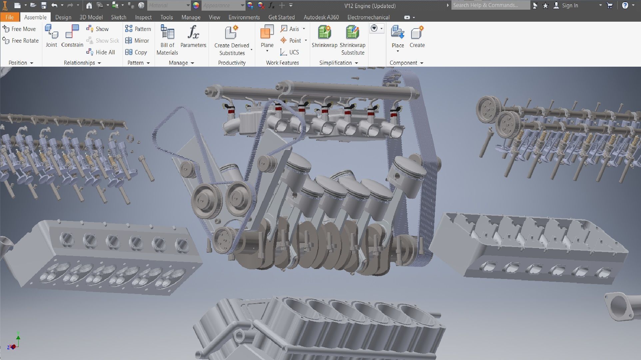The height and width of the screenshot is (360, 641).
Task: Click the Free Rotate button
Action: coord(21,41)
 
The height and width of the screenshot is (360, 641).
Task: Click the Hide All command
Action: coord(101,52)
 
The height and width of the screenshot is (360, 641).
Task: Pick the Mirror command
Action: coord(137,41)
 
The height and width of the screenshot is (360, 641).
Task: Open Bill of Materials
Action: coord(167,40)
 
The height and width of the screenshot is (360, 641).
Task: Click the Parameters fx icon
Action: coord(193,33)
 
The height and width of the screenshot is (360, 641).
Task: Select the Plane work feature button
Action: coord(267,37)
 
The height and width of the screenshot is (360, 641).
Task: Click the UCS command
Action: coord(290,52)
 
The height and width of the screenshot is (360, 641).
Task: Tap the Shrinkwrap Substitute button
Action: coord(352,40)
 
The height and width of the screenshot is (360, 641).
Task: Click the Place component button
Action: coord(397,37)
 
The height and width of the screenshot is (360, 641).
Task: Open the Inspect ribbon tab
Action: coord(143,17)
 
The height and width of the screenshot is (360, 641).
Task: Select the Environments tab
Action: coord(244,17)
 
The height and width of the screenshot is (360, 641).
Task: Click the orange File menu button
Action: coord(10,17)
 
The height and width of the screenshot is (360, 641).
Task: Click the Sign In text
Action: coord(570,6)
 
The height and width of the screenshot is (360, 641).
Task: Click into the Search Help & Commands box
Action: coord(490,5)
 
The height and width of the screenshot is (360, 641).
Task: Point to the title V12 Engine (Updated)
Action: coord(370,6)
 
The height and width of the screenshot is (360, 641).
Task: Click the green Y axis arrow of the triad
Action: coord(18,337)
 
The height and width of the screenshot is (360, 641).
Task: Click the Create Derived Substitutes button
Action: coord(232,40)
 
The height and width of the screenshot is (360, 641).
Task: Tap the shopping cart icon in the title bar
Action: coord(610,6)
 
